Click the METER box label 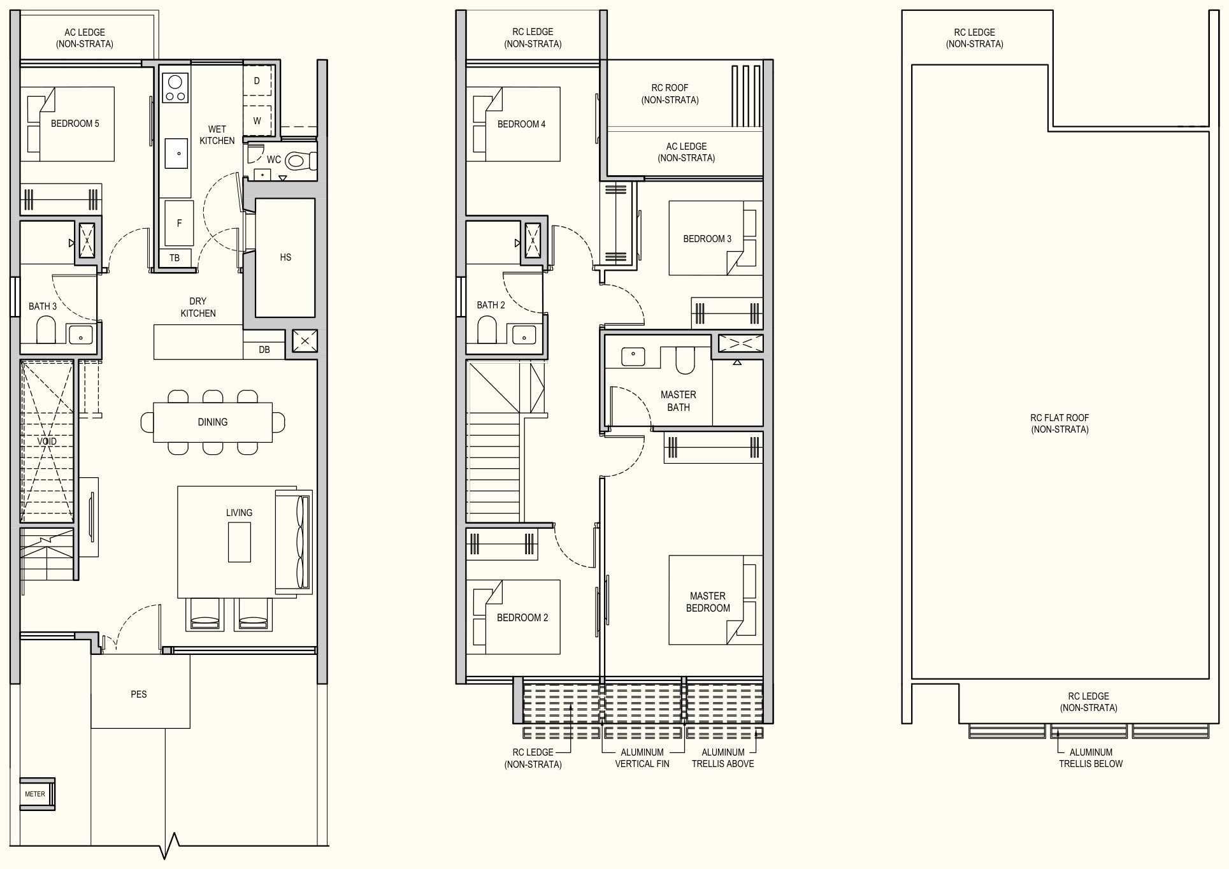[35, 794]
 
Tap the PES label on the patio [139, 694]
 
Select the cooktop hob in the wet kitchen [175, 88]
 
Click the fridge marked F [179, 223]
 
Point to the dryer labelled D [257, 81]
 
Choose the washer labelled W [257, 120]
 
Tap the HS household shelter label [285, 257]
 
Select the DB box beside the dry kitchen [264, 350]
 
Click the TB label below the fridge [175, 258]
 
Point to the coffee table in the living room [240, 542]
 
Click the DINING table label [213, 422]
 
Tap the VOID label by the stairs [47, 441]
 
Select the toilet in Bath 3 [47, 330]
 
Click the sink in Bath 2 [524, 334]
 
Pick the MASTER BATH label [679, 401]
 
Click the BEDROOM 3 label [707, 239]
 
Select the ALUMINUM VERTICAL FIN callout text [642, 758]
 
